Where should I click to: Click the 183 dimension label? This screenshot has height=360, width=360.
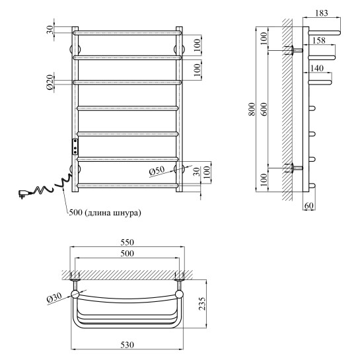click(322, 13)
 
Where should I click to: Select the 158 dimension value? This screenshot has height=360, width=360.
click(318, 40)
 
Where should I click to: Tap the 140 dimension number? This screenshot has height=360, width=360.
click(316, 68)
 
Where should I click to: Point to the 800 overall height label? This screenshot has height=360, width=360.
click(252, 109)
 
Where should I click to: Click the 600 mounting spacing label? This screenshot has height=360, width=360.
click(264, 109)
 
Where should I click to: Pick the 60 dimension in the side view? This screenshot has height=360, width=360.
click(308, 205)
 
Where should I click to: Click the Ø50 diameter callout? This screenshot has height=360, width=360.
click(157, 170)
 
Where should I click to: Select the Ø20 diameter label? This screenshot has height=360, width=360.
click(50, 82)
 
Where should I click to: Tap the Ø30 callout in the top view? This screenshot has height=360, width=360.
click(54, 298)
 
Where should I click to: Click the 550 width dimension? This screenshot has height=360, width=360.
click(127, 242)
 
